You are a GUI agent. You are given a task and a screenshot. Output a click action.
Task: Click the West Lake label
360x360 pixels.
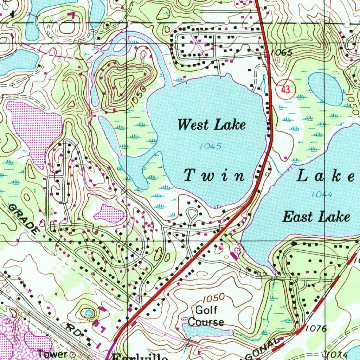[x=212, y=125]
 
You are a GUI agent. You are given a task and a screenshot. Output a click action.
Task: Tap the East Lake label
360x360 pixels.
[x=316, y=217]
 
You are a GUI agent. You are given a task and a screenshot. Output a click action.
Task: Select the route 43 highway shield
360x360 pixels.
[x=285, y=90]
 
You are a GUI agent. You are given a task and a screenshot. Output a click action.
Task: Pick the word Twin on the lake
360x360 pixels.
[x=214, y=175]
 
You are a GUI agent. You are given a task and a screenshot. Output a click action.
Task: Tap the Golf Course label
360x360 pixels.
[x=206, y=316]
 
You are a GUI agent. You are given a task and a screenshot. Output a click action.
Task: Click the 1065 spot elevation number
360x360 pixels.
[x=282, y=53]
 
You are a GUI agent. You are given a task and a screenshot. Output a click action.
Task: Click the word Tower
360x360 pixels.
[x=52, y=354]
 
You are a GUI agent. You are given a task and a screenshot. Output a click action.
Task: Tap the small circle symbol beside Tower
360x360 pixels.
[x=73, y=354]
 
